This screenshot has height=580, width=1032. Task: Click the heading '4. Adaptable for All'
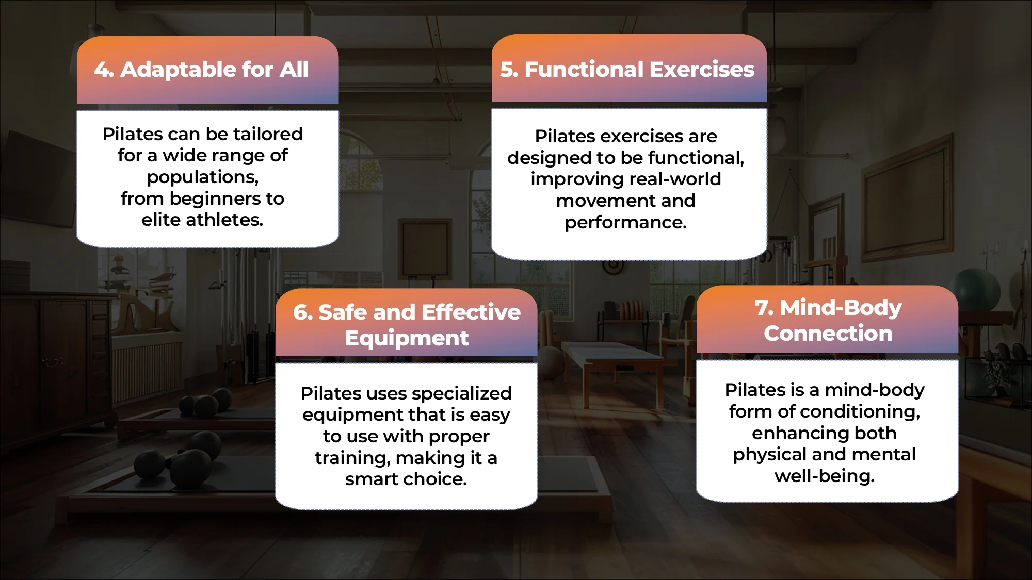[201, 70]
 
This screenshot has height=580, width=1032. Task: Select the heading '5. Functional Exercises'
[627, 70]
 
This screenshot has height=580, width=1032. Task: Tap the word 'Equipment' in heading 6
[407, 338]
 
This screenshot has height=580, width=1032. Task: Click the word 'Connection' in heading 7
[828, 334]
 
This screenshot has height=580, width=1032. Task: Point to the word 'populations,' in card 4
[203, 177]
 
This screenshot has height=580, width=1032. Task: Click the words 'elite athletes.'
[202, 220]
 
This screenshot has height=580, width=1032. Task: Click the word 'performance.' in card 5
[625, 222]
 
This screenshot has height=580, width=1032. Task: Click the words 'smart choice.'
[406, 479]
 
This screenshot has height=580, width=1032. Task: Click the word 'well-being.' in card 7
[824, 476]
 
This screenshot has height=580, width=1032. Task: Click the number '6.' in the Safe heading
[303, 312]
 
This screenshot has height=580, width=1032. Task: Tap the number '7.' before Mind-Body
[764, 308]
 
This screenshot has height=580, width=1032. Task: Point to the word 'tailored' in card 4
[268, 134]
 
